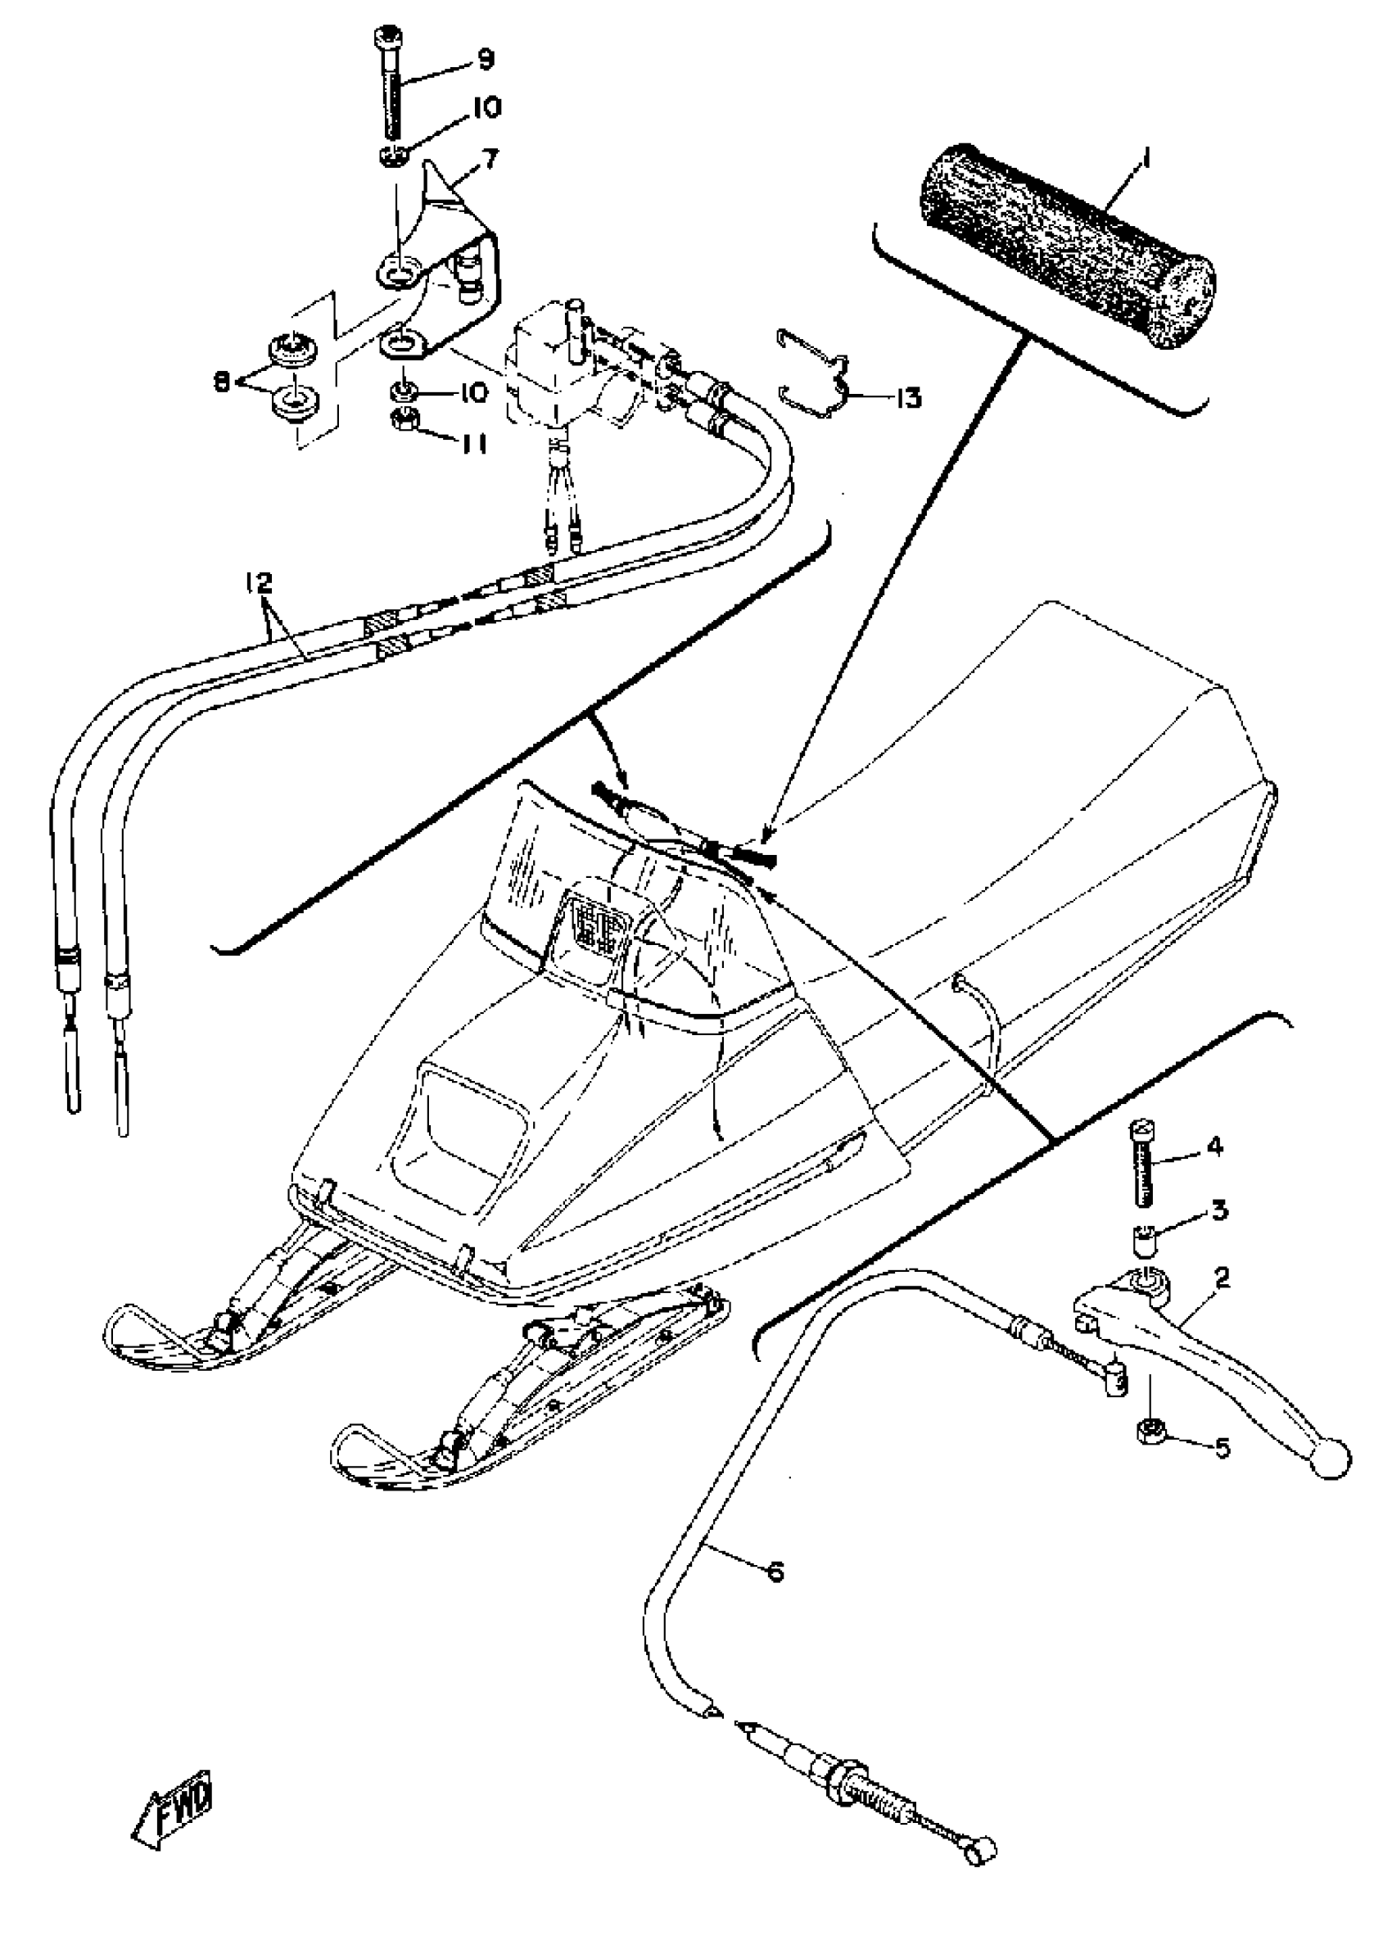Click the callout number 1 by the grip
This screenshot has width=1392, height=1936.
click(1146, 159)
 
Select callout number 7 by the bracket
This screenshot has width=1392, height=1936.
click(491, 157)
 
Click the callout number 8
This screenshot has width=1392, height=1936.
click(222, 383)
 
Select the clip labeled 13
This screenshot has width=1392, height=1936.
click(815, 376)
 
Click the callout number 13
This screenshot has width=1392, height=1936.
click(909, 398)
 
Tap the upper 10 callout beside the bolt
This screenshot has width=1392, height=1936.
click(483, 107)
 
